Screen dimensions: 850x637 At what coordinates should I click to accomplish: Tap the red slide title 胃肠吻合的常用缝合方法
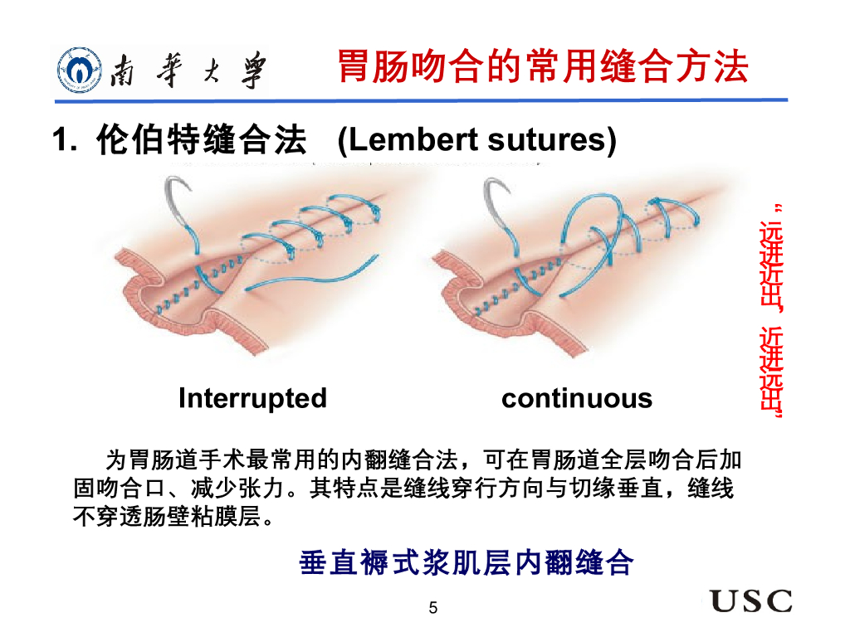(543, 66)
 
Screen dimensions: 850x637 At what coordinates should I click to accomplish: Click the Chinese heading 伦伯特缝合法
(201, 139)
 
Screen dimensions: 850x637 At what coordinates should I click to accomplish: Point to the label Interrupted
(252, 398)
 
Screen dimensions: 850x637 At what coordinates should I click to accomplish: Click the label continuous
(577, 398)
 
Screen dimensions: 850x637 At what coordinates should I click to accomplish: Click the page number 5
(432, 609)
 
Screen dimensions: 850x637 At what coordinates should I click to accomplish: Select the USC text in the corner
(750, 601)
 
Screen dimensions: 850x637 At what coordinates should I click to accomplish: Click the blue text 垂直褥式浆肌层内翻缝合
(467, 563)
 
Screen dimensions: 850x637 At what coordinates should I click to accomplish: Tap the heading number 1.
(63, 139)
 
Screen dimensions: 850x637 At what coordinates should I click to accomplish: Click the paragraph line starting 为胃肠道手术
(423, 459)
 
